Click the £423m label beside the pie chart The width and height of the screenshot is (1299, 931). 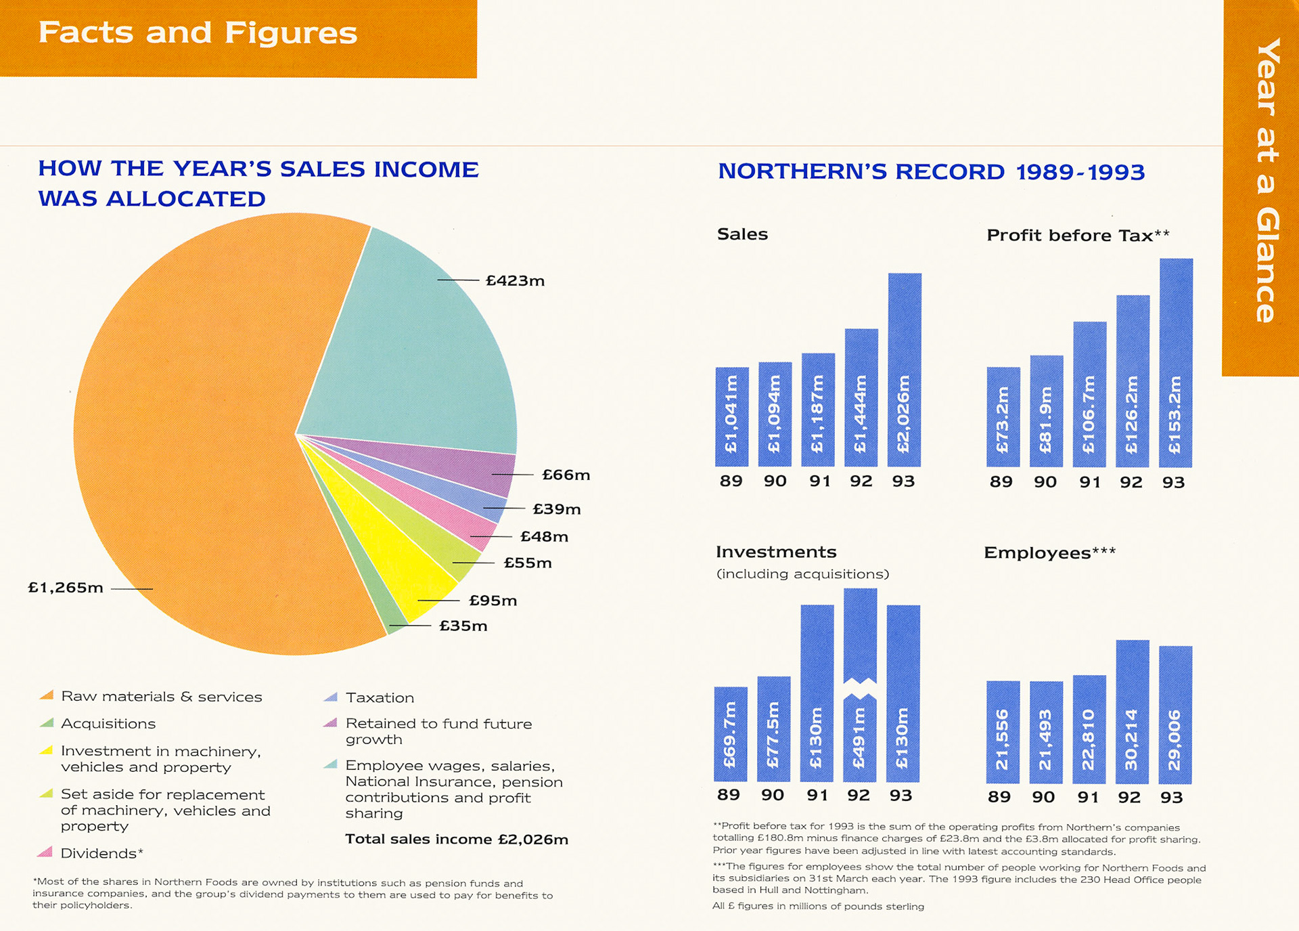point(515,280)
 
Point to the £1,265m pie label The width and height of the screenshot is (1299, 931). point(66,588)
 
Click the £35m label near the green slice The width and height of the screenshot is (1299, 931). point(463,626)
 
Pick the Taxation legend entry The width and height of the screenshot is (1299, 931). point(379,697)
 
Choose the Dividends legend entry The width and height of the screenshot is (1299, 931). point(101,853)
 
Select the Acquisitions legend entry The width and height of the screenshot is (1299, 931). point(108,724)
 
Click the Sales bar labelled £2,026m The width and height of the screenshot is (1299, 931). point(905,370)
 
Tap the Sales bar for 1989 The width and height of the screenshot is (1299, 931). point(732,416)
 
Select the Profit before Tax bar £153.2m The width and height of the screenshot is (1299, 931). point(1176,363)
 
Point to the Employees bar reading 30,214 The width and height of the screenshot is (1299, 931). point(1132,711)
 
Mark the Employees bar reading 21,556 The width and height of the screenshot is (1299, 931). point(1003,732)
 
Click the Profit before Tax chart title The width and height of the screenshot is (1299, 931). point(1078,235)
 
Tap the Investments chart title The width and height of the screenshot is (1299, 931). point(776,552)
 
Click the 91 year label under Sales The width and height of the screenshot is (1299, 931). point(819,481)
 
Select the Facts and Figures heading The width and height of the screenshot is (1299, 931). point(198,33)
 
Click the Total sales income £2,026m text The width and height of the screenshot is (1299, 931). point(457,840)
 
